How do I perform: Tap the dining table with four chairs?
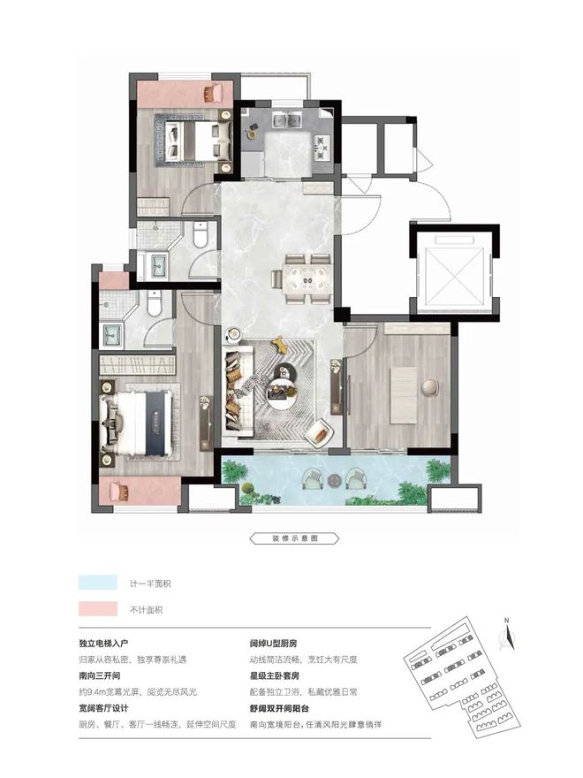[306, 278]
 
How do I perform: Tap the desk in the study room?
[403, 395]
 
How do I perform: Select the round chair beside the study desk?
[430, 387]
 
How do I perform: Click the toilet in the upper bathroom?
[200, 233]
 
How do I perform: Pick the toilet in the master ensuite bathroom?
[155, 303]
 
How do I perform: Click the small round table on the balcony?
[335, 480]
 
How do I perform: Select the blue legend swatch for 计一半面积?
[98, 583]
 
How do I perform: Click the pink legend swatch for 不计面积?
[98, 609]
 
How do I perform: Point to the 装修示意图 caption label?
[294, 538]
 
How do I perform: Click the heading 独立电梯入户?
[103, 644]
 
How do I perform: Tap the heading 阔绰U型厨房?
[273, 644]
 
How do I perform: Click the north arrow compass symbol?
[507, 636]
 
